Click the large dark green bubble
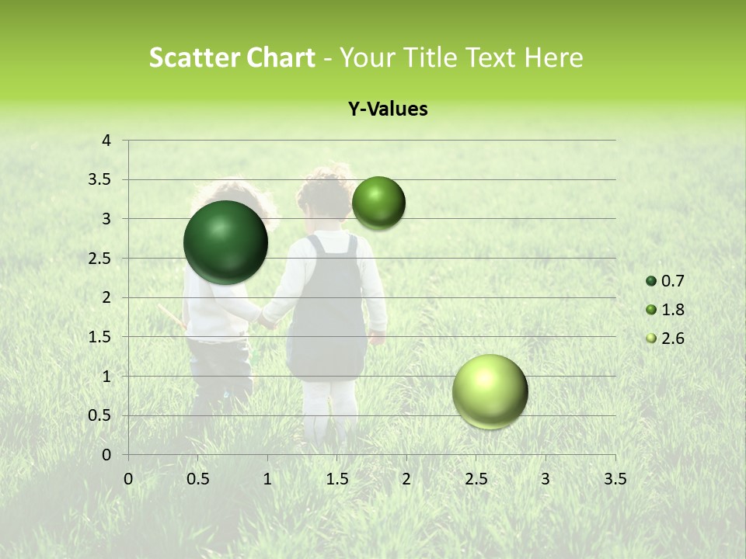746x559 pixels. (225, 242)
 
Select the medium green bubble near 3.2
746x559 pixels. (378, 203)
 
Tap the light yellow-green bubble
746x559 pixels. (490, 391)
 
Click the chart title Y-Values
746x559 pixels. (387, 109)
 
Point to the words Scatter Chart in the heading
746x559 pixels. (232, 57)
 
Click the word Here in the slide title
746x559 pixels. (553, 57)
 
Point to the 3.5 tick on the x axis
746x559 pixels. (615, 479)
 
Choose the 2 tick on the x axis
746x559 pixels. (406, 479)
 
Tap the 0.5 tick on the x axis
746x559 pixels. (198, 479)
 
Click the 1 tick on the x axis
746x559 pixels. (267, 479)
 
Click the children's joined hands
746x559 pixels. (268, 321)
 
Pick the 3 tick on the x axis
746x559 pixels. (546, 479)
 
